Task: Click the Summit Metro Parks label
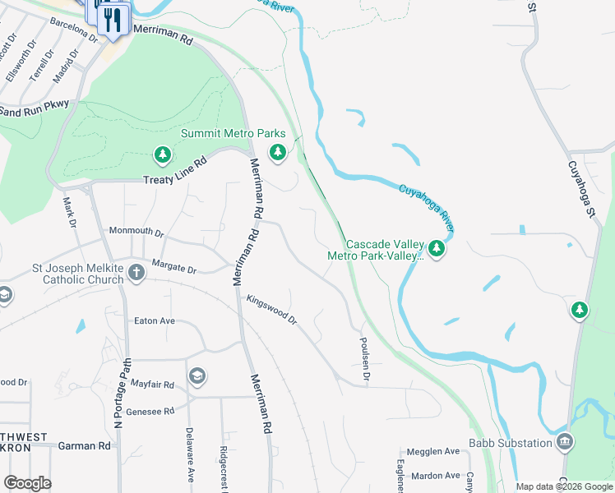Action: tap(233, 133)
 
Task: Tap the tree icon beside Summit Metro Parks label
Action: tap(278, 152)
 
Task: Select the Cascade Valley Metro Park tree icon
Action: tap(436, 249)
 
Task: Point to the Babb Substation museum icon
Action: tap(565, 443)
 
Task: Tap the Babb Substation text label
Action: tap(511, 444)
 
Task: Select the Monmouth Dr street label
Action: tap(136, 233)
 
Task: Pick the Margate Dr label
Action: tap(174, 268)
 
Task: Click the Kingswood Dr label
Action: tap(272, 310)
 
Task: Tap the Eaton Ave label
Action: tap(155, 320)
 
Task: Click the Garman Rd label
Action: tap(85, 446)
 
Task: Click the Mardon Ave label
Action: tap(436, 476)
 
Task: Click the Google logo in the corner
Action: tap(27, 483)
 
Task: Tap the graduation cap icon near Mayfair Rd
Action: tap(197, 376)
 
